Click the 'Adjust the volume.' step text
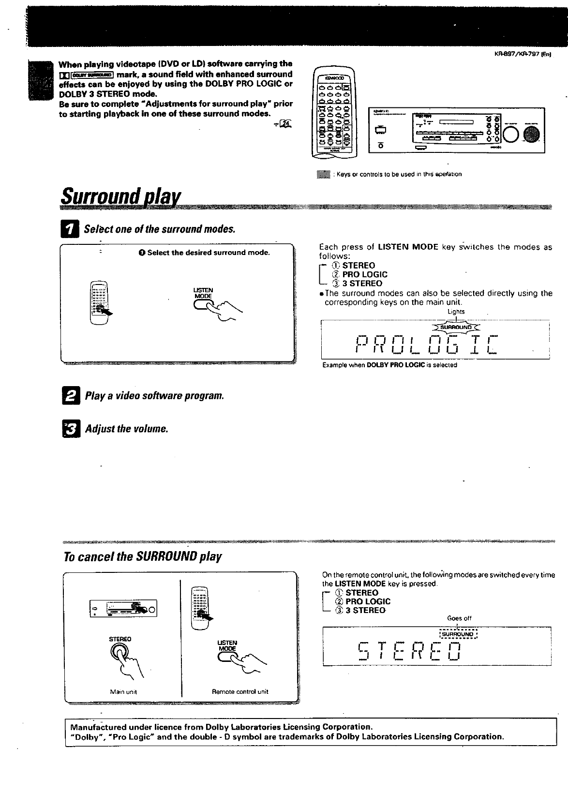click(126, 429)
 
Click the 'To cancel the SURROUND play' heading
click(143, 556)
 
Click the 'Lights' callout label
click(456, 312)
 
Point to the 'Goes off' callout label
click(459, 618)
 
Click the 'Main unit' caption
click(124, 692)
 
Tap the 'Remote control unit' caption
click(240, 692)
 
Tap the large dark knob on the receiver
click(531, 135)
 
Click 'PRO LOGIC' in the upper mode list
click(365, 274)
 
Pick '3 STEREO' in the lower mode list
click(369, 610)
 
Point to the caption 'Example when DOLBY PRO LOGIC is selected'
click(389, 365)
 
